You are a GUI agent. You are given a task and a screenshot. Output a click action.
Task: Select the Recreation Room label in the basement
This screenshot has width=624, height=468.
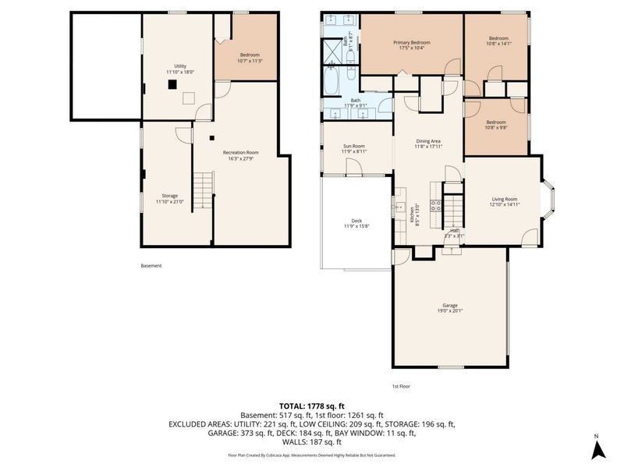pos(240,155)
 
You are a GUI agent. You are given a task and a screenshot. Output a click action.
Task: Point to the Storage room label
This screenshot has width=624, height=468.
pos(169,198)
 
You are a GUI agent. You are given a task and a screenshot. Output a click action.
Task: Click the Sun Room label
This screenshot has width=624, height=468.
pos(354,148)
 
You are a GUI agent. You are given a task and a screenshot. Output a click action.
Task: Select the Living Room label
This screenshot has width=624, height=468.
pos(504,201)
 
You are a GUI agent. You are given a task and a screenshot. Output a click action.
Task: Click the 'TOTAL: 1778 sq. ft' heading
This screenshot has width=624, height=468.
pos(312,406)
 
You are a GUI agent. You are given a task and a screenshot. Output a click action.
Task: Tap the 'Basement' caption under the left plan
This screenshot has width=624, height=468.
pos(151,266)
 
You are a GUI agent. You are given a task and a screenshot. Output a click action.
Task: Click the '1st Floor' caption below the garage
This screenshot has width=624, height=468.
pos(402,386)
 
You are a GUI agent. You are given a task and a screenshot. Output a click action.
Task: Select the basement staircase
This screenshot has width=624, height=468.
pos(203,191)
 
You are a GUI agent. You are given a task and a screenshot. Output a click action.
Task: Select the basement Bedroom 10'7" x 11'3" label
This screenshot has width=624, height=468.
pos(250,57)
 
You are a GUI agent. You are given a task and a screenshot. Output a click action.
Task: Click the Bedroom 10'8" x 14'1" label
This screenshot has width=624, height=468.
pos(498,41)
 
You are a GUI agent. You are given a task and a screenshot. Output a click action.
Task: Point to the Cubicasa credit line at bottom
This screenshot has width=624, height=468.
pos(312,455)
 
